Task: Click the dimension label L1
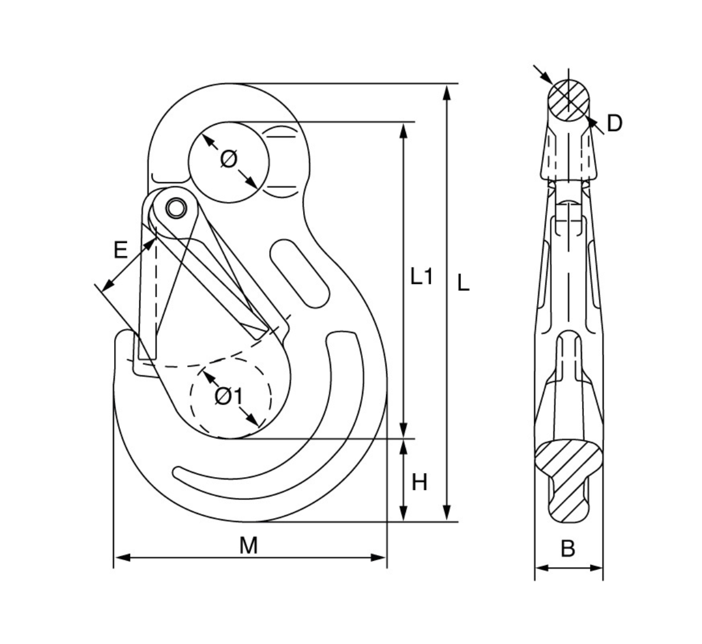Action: pos(421,276)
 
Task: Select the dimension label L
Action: pos(463,283)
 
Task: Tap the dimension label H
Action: pos(419,482)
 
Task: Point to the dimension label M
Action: pos(249,546)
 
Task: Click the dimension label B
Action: pos(568,549)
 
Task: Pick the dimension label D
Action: pos(614,124)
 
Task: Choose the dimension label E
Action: pos(120,251)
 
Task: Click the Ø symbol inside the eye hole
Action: pos(229,159)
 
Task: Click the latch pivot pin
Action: pos(175,207)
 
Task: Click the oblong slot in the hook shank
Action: pos(299,272)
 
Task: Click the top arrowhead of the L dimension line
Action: pos(448,91)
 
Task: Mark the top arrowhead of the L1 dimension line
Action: pos(403,129)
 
